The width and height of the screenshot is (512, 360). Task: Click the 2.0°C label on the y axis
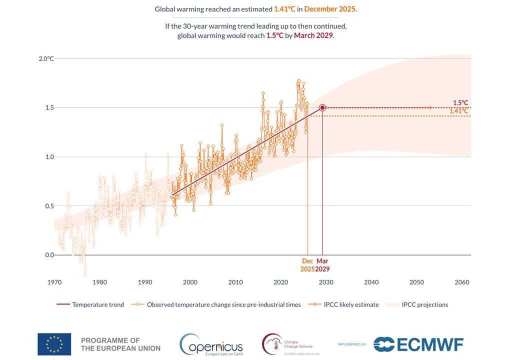tap(46, 58)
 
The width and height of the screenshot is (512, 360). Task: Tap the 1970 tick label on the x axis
tap(54, 282)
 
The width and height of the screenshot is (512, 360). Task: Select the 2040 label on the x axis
tap(371, 282)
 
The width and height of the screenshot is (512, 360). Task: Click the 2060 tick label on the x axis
tap(461, 282)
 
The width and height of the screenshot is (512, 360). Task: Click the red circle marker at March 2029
tap(322, 107)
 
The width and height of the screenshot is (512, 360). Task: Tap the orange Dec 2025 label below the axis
tap(307, 265)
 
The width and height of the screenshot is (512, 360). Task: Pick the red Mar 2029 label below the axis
tap(322, 265)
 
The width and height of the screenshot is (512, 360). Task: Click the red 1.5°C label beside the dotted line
tap(460, 103)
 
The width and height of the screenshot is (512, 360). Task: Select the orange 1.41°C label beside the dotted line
tap(458, 111)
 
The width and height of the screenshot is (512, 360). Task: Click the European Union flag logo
tap(54, 344)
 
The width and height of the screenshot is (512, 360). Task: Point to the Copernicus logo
tap(211, 344)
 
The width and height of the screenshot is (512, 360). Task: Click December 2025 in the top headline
tap(330, 9)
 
